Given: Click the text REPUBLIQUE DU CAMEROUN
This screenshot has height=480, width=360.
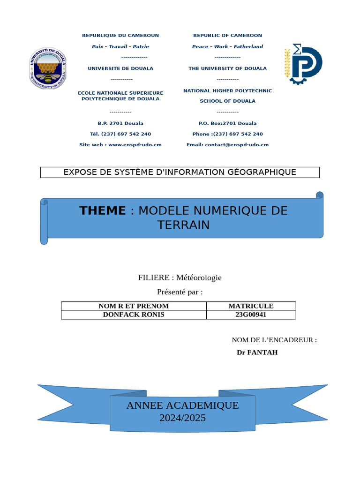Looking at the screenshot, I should coord(120,36).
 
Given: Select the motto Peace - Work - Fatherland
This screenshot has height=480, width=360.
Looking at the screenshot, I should coord(227,47).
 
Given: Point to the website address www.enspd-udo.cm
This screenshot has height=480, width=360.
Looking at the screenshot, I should coord(135,145).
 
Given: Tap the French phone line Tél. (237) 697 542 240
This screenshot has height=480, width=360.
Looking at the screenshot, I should coord(120,134).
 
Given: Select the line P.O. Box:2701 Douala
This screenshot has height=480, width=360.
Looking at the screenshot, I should coord(227,123).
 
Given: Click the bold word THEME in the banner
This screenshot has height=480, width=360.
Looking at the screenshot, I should coord(103,211).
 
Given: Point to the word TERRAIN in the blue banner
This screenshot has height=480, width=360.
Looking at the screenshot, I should coord(183,225).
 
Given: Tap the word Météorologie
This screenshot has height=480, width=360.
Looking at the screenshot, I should coord(199,277).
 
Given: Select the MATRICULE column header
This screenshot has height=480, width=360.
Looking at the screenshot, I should coord(251,306).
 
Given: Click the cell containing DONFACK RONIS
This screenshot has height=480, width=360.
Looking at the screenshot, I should coord(134,315).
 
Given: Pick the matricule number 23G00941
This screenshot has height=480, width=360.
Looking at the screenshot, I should coord(251,315).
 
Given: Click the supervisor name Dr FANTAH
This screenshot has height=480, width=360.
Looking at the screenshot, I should coord(257,352).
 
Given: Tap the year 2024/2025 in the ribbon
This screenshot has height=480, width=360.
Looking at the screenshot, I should coord(182,418).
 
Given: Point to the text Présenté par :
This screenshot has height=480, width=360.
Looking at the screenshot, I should coord(180,292).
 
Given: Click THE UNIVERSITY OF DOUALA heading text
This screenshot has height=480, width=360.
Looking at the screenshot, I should coord(227,68).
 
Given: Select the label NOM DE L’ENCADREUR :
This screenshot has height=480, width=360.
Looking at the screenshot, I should coord(274,340).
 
